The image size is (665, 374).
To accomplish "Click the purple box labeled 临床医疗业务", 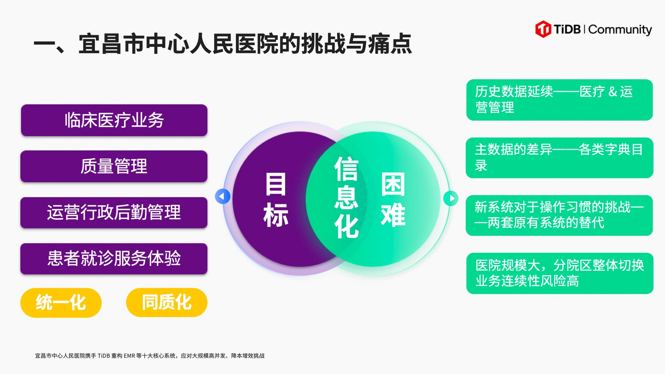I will (114, 120).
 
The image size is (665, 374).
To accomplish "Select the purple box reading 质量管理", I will (114, 166).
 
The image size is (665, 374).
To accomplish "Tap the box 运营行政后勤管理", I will (114, 212).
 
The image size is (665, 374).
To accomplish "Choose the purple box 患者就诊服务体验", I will (114, 258).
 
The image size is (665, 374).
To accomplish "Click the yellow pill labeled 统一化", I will (61, 302).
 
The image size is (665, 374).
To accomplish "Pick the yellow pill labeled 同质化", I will (167, 302).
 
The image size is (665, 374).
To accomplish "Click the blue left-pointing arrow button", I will (222, 196).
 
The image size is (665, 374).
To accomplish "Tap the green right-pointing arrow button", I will (451, 198).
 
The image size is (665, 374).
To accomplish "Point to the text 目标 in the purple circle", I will (276, 200).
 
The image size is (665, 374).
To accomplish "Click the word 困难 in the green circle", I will (393, 200).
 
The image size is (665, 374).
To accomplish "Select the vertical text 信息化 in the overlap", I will (346, 197).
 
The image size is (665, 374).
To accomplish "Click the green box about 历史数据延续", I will (559, 100).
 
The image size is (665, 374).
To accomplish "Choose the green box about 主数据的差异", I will (559, 158).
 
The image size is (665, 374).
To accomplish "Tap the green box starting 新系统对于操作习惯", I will (559, 215).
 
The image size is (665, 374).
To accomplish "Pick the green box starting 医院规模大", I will (559, 273).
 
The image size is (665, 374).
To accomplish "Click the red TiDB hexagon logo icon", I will (543, 29).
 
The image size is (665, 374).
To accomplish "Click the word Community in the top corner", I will (620, 30).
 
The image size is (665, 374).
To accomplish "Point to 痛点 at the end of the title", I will (390, 44).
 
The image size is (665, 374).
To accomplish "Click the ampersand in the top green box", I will (612, 92).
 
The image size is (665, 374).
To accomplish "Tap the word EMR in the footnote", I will (130, 356).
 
